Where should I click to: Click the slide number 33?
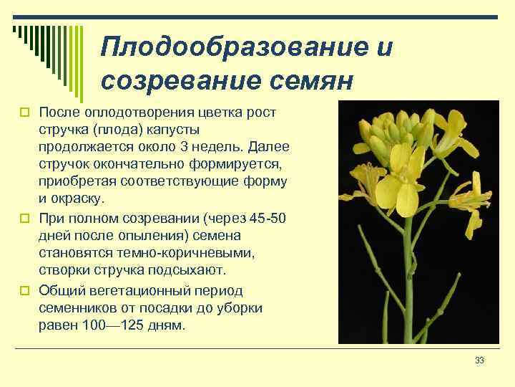coord(479,360)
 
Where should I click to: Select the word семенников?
coord(74,308)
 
